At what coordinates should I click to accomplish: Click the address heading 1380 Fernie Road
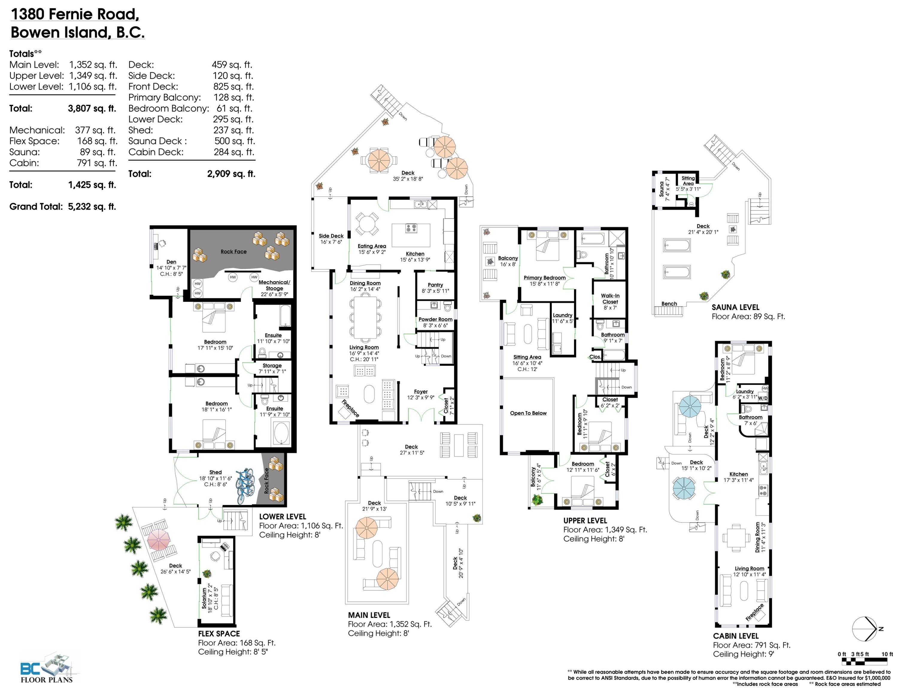75,14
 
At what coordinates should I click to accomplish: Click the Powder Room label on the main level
435,319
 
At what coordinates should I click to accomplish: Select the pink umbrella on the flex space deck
158,539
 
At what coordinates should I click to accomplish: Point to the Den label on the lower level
171,262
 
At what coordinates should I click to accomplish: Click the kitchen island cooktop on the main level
411,228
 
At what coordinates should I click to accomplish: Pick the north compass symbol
867,629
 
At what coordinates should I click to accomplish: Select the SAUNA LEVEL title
735,307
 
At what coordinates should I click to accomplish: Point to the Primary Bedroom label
544,278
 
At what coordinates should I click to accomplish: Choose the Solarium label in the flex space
204,598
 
